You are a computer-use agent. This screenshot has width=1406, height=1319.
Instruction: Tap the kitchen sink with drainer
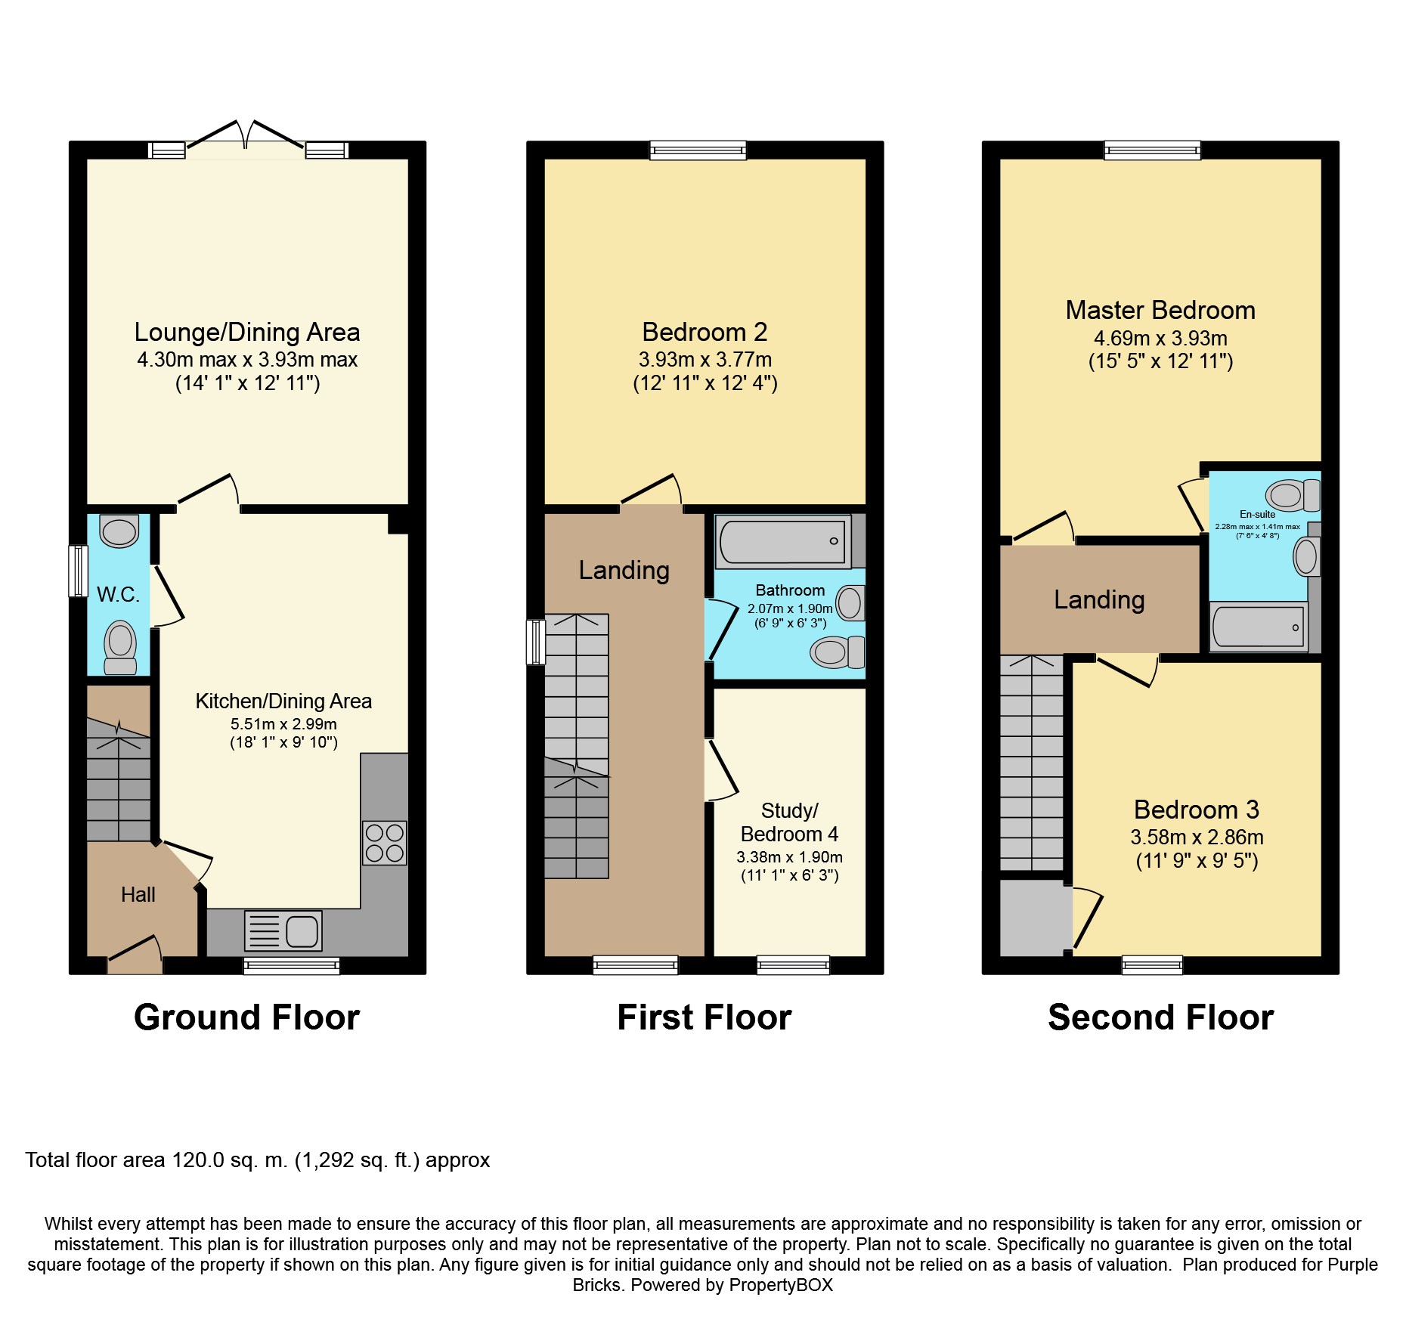point(283,930)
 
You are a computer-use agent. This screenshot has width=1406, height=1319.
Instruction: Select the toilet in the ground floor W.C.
point(120,648)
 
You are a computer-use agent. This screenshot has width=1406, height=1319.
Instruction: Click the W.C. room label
point(119,595)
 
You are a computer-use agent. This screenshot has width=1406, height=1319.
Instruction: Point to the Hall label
point(138,895)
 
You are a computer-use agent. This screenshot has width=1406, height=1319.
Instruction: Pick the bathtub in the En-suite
point(1259,627)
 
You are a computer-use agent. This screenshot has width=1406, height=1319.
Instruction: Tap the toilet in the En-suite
point(1293,496)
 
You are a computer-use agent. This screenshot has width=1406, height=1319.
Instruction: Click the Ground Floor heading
point(246,1017)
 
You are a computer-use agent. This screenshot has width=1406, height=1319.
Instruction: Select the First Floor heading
point(705,1017)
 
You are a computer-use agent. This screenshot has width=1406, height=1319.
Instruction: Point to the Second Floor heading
point(1161,1017)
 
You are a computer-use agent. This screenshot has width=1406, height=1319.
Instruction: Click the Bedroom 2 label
point(705,332)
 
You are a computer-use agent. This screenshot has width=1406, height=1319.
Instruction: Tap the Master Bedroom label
point(1160,310)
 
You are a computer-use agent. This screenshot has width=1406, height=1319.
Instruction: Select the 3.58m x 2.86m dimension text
point(1197,838)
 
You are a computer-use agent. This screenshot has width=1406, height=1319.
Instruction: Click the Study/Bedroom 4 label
point(789,822)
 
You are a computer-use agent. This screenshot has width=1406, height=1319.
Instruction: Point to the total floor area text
point(258,1160)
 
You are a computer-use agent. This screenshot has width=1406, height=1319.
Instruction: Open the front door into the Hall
point(135,954)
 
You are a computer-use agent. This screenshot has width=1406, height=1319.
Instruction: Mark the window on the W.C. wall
point(78,571)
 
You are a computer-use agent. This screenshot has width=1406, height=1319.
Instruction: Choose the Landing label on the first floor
point(624,571)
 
